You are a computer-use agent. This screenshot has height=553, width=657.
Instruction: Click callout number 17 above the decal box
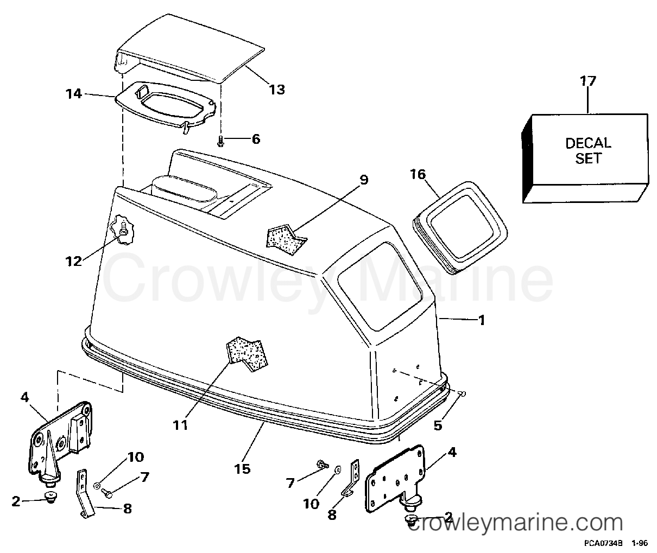point(588,81)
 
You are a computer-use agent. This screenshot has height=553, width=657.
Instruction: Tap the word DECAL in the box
point(588,143)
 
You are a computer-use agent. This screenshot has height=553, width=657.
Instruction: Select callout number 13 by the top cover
point(277,90)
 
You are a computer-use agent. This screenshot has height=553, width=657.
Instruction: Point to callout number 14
point(74,94)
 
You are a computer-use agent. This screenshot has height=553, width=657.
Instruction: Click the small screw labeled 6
point(220,141)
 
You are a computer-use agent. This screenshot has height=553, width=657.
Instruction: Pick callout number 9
point(363,180)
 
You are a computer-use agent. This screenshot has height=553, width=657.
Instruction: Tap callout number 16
point(418,174)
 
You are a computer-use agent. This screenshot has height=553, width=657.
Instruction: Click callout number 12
point(74,262)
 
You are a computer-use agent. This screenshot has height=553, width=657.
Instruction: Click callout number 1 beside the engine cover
point(482,320)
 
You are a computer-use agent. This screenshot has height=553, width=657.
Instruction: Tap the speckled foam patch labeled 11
point(247,354)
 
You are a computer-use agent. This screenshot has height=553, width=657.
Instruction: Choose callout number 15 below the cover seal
point(242,469)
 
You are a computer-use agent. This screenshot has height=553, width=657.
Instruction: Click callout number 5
point(438,425)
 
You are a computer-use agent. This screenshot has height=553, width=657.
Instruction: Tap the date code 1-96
point(639,543)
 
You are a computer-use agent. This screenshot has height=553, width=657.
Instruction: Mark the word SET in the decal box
point(588,158)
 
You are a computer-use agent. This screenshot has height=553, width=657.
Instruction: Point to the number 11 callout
point(180,425)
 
